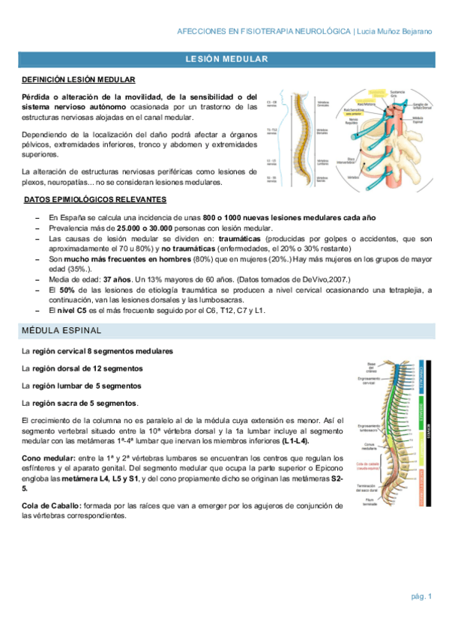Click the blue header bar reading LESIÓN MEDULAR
224,58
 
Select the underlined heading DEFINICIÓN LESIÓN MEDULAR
79,79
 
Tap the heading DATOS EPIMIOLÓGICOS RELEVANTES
95,200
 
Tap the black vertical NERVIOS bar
429,433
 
